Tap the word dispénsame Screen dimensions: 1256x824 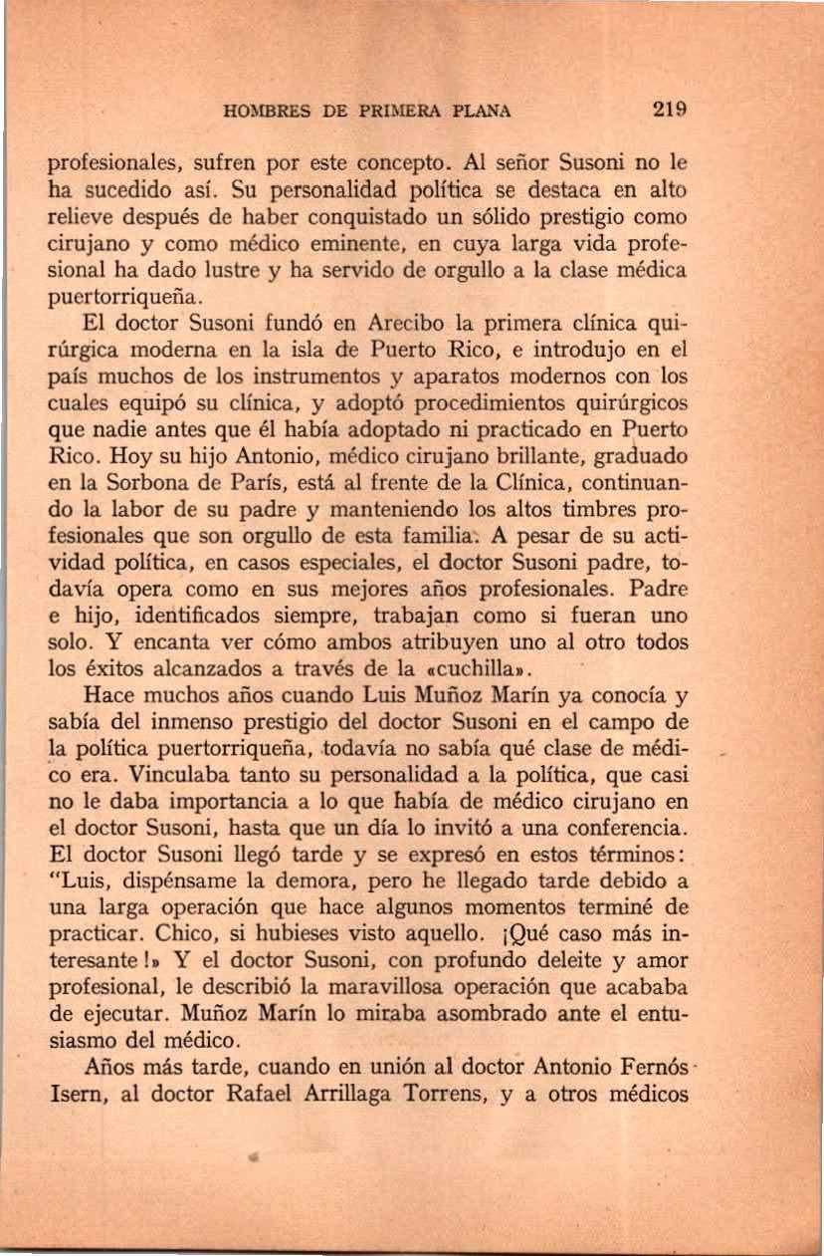[x=187, y=881]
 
